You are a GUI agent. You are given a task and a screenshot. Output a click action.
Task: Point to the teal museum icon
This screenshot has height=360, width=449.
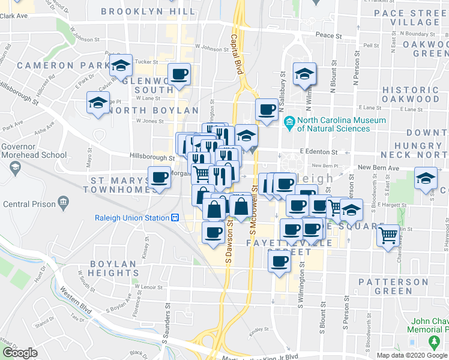point(290,124)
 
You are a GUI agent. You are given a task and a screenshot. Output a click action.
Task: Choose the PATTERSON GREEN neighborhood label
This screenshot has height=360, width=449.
point(393,286)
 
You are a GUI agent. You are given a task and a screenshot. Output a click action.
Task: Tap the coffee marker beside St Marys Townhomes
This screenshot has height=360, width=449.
point(160,178)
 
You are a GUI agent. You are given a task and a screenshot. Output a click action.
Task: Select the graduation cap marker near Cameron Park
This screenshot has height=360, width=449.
point(121,66)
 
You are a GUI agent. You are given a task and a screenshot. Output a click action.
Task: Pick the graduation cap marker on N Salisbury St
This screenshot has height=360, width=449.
point(304,75)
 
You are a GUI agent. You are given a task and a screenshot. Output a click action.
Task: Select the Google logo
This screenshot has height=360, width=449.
point(20,353)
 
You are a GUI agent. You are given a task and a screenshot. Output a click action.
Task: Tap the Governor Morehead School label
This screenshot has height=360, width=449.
point(34,150)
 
